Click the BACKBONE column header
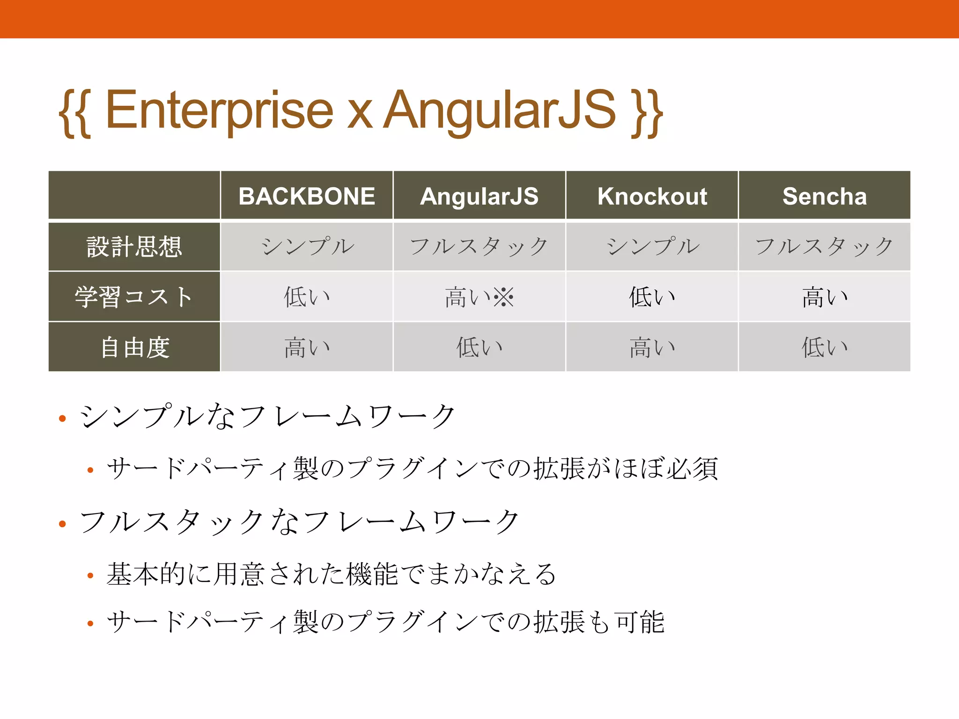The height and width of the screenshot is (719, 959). pyautogui.click(x=307, y=196)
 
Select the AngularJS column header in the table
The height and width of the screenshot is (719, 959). pyautogui.click(x=479, y=196)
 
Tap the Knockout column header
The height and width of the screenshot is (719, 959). pyautogui.click(x=652, y=196)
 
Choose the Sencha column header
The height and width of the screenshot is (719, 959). pyautogui.click(x=824, y=196)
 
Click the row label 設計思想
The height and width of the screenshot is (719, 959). pyautogui.click(x=134, y=247)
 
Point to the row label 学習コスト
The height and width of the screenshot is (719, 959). pyautogui.click(x=134, y=297)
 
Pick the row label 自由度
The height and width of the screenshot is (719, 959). pyautogui.click(x=134, y=347)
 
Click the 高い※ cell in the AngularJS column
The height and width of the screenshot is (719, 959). pyautogui.click(x=479, y=297)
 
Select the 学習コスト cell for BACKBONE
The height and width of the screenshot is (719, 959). pyautogui.click(x=307, y=297)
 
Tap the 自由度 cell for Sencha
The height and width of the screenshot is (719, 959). pyautogui.click(x=824, y=347)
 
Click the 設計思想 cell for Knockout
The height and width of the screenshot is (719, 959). pyautogui.click(x=652, y=247)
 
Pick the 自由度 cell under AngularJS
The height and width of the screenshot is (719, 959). pyautogui.click(x=479, y=347)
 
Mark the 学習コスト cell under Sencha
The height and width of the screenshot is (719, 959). pyautogui.click(x=824, y=297)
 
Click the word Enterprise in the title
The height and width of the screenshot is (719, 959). pyautogui.click(x=219, y=110)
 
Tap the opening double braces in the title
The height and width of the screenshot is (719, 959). pyautogui.click(x=75, y=112)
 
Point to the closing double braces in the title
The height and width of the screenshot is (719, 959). pyautogui.click(x=646, y=112)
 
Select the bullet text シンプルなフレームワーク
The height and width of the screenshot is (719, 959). pyautogui.click(x=267, y=416)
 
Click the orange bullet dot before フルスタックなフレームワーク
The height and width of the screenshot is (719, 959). pyautogui.click(x=62, y=524)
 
